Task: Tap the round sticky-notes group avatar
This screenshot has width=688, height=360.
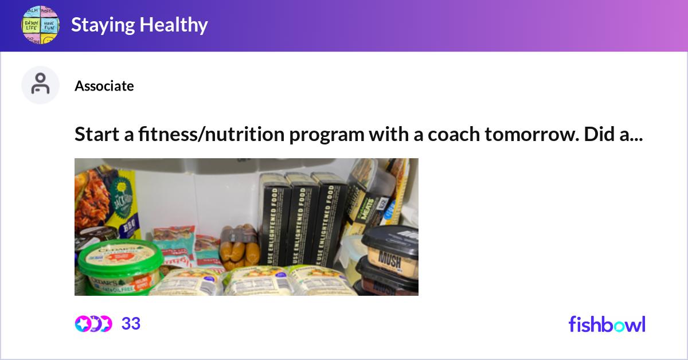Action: (40, 25)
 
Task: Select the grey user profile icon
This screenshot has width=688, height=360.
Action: (40, 85)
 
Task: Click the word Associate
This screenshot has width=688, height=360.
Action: (104, 86)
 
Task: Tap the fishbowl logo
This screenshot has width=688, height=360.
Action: (607, 324)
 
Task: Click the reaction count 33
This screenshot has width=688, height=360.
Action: (131, 324)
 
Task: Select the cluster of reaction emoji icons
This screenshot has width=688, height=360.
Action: (93, 324)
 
